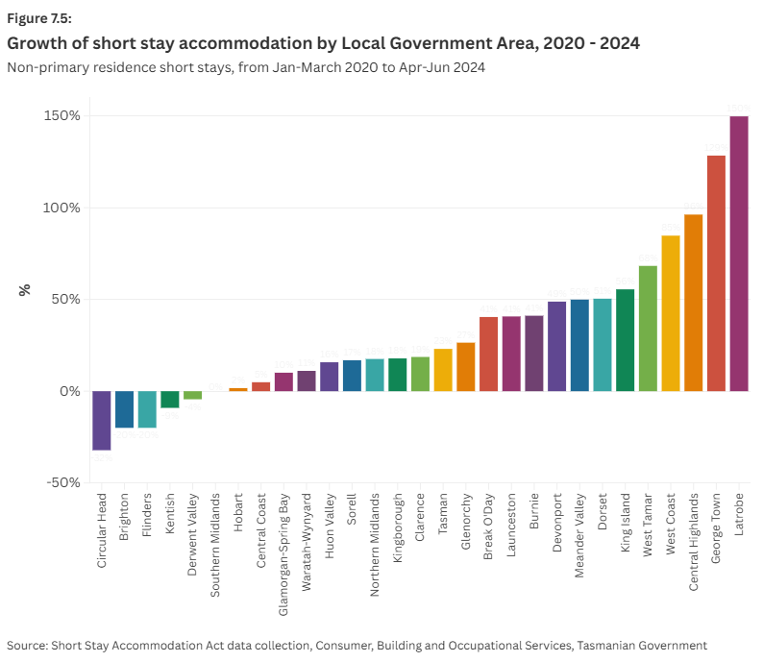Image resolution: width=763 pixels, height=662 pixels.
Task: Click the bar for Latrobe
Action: pyautogui.click(x=739, y=254)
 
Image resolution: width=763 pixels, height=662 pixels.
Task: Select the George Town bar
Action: pyautogui.click(x=716, y=273)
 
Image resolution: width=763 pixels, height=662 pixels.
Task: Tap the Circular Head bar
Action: pyautogui.click(x=102, y=420)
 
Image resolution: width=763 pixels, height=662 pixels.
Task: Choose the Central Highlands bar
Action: pyautogui.click(x=693, y=303)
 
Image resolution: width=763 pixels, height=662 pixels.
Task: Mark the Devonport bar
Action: pyautogui.click(x=556, y=346)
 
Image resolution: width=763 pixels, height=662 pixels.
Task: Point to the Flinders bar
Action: pyautogui.click(x=147, y=409)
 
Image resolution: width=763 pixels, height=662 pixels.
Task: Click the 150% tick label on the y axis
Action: pyautogui.click(x=61, y=116)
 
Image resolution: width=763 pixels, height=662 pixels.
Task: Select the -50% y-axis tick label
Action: pyautogui.click(x=62, y=482)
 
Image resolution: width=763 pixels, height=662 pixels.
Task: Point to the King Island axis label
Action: pyautogui.click(x=625, y=522)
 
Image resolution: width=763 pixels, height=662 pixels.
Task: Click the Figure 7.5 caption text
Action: pyautogui.click(x=39, y=18)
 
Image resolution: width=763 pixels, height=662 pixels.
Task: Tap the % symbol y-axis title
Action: pyautogui.click(x=26, y=289)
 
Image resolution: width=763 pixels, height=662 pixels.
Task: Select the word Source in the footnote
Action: pyautogui.click(x=29, y=646)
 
